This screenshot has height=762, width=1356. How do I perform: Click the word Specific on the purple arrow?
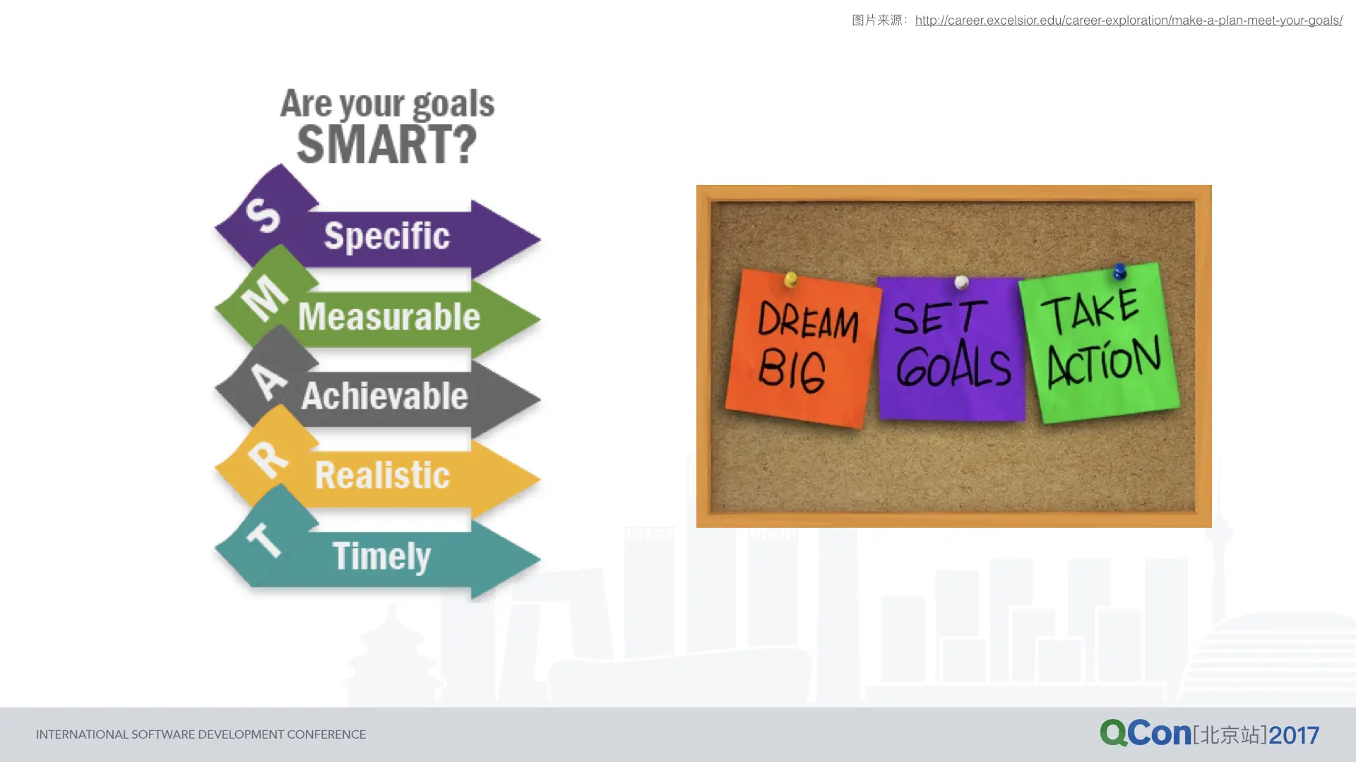pyautogui.click(x=386, y=236)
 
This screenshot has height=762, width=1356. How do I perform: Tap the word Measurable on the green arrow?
pyautogui.click(x=389, y=316)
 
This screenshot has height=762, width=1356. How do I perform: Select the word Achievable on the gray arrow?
pyautogui.click(x=385, y=395)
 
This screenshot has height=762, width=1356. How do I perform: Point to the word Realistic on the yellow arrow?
pyautogui.click(x=382, y=475)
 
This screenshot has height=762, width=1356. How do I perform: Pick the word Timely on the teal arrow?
pyautogui.click(x=381, y=557)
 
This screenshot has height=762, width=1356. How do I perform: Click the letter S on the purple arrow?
pyautogui.click(x=263, y=214)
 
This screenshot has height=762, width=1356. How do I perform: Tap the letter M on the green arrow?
pyautogui.click(x=265, y=297)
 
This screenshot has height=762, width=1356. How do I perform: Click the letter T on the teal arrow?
pyautogui.click(x=263, y=540)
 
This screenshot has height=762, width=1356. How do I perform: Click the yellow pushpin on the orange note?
pyautogui.click(x=791, y=279)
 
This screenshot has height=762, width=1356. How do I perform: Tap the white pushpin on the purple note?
pyautogui.click(x=961, y=282)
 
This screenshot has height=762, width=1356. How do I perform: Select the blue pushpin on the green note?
pyautogui.click(x=1119, y=271)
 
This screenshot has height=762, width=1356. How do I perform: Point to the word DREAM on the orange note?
pyautogui.click(x=808, y=322)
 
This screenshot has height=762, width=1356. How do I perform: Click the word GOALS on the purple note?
pyautogui.click(x=953, y=365)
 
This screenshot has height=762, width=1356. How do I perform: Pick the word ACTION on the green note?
pyautogui.click(x=1105, y=361)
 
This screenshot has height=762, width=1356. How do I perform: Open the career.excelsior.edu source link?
pyautogui.click(x=1129, y=20)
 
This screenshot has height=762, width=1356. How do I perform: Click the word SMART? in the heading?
pyautogui.click(x=387, y=144)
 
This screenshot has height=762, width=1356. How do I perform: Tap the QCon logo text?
pyautogui.click(x=1146, y=733)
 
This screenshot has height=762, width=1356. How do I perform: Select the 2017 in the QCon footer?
pyautogui.click(x=1294, y=735)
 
